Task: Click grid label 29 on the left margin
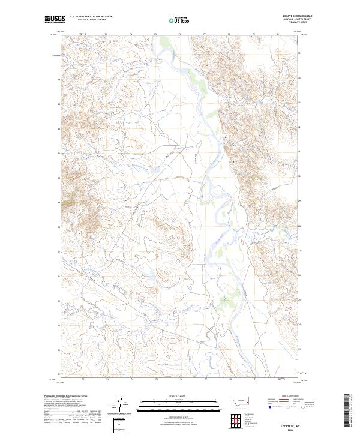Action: (58, 202)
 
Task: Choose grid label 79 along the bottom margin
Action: (254, 379)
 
